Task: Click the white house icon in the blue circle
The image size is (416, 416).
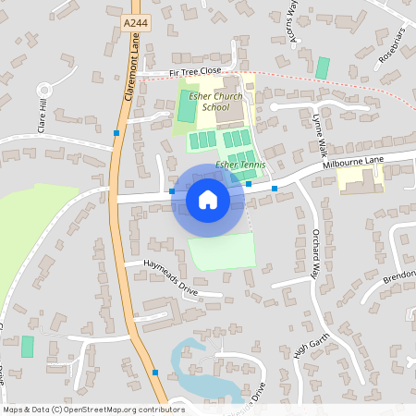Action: click(208, 199)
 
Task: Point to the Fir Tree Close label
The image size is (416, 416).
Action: click(195, 71)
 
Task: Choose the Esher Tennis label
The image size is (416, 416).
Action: click(240, 165)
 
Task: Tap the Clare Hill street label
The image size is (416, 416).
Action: click(42, 115)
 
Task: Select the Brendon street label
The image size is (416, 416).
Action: click(399, 277)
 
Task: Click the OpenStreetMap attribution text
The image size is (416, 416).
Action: click(93, 409)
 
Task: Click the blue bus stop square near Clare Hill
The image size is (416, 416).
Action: click(116, 133)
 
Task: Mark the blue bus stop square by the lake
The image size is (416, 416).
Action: click(155, 373)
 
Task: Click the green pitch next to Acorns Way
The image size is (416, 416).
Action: click(322, 67)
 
